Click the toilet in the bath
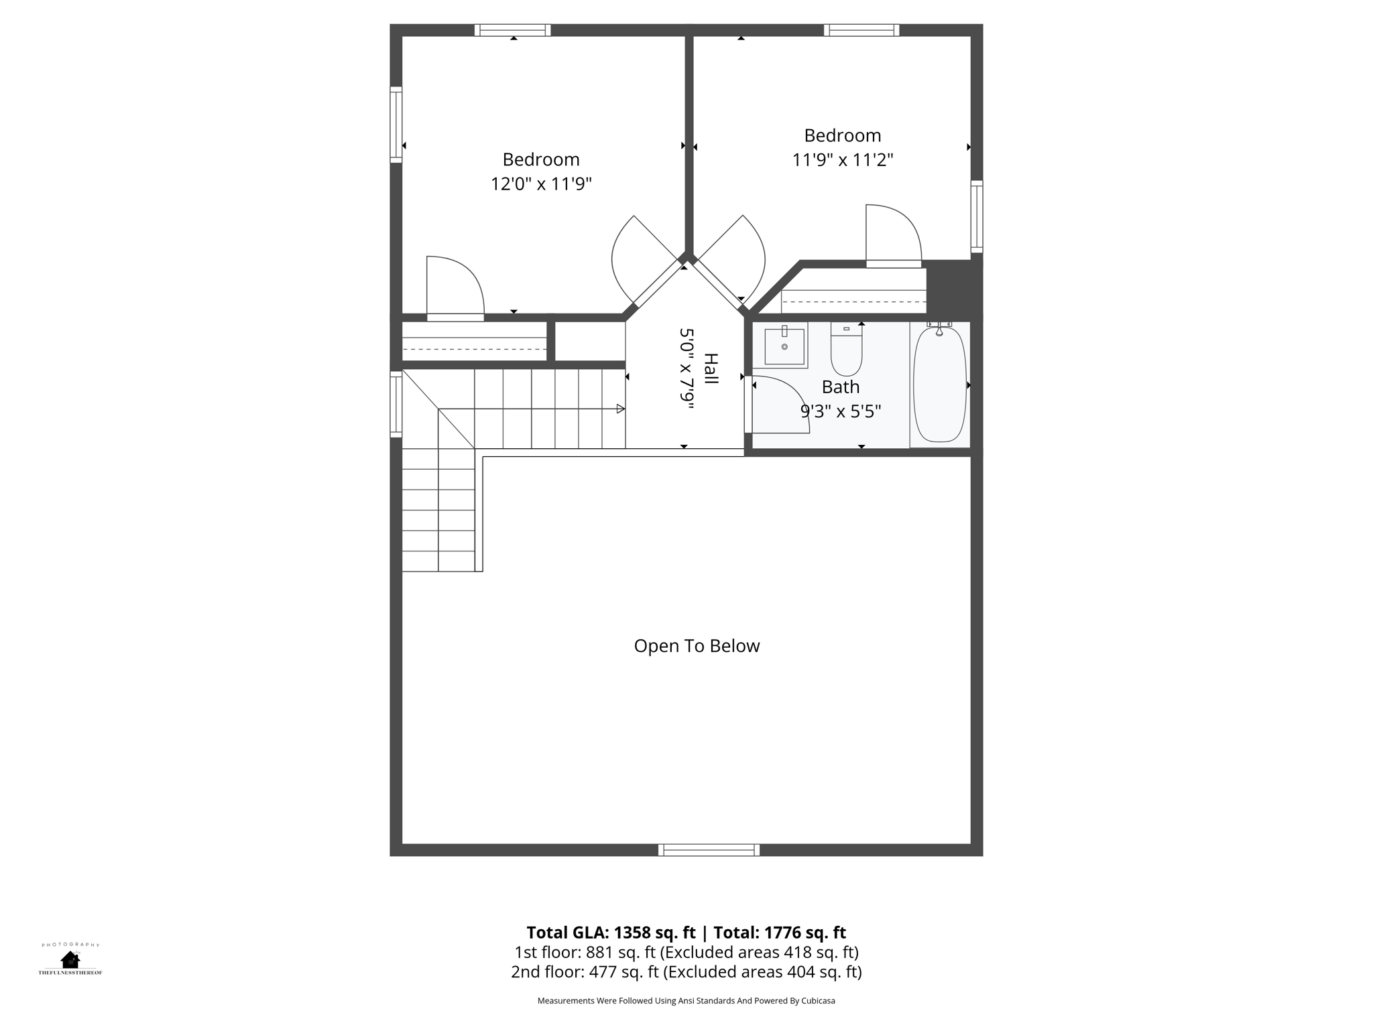pyautogui.click(x=846, y=349)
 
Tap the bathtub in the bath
pyautogui.click(x=940, y=384)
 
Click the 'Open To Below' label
pyautogui.click(x=697, y=646)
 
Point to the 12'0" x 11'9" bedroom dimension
pyautogui.click(x=541, y=184)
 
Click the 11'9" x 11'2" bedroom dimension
pyautogui.click(x=843, y=160)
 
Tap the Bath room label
pyautogui.click(x=841, y=387)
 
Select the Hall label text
pyautogui.click(x=711, y=368)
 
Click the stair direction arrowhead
pyautogui.click(x=621, y=409)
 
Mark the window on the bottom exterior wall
pyautogui.click(x=709, y=850)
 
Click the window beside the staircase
pyautogui.click(x=396, y=404)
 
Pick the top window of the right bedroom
pyautogui.click(x=861, y=30)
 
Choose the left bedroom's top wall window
pyautogui.click(x=513, y=30)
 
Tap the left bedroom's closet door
pyautogui.click(x=455, y=288)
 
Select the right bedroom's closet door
pyautogui.click(x=894, y=236)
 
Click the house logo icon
pyautogui.click(x=70, y=960)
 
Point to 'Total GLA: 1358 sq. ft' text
pyautogui.click(x=611, y=933)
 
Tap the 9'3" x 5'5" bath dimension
pyautogui.click(x=841, y=411)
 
